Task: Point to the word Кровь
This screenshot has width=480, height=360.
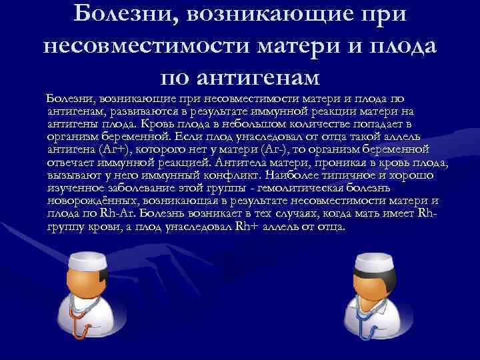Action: [175, 124]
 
